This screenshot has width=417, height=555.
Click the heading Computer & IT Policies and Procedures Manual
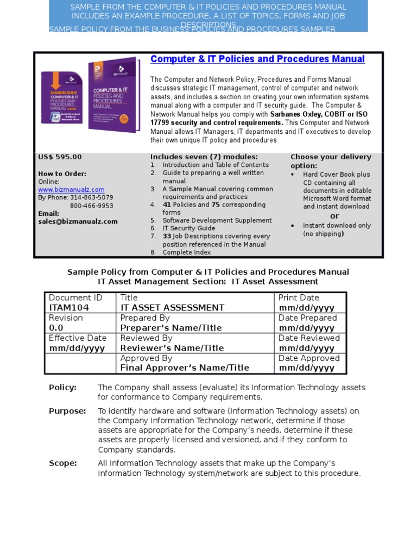[257, 59]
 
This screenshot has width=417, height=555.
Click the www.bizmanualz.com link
[71, 190]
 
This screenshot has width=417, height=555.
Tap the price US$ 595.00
[60, 157]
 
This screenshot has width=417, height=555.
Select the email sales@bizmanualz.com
[78, 222]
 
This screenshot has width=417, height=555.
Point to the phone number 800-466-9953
[92, 206]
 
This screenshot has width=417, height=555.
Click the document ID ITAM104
[69, 308]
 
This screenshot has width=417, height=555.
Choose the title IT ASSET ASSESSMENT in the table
[172, 308]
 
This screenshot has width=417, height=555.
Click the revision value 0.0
[56, 328]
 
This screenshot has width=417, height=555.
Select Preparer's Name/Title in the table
[171, 328]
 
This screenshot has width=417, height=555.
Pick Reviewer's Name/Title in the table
[172, 348]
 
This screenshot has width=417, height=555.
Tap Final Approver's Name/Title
[185, 368]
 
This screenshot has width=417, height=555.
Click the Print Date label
[299, 298]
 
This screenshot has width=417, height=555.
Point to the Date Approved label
[309, 358]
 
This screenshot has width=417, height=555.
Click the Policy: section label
[62, 388]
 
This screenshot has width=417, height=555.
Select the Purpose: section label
[67, 411]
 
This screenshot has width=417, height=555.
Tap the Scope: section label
[63, 463]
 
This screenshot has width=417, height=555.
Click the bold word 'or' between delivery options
[335, 216]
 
